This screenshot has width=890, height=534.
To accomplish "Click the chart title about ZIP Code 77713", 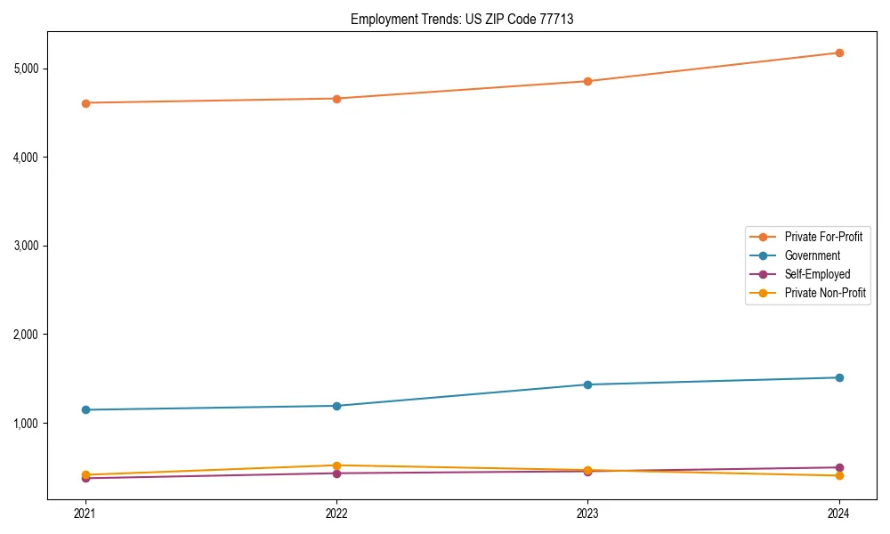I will point(462,19).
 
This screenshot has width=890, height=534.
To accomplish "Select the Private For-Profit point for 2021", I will point(85,103).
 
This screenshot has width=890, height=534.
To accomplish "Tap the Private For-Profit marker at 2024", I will point(838,53).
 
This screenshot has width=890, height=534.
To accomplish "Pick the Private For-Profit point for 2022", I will point(336,99).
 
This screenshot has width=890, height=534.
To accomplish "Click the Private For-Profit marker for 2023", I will point(587,81).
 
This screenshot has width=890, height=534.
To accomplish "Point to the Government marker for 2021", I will point(85,409).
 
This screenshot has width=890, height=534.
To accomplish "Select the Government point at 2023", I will point(587,384).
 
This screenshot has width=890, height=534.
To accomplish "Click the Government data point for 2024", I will point(838,377).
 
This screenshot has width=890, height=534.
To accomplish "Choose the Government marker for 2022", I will point(336,406).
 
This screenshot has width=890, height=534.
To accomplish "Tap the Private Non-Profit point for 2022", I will point(336,465).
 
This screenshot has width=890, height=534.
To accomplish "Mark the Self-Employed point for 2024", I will point(838,467).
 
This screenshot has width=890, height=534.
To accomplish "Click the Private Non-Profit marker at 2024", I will point(838,475).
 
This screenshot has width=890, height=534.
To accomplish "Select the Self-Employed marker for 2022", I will point(336,473).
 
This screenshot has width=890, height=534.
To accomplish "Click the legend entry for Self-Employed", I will point(817,274).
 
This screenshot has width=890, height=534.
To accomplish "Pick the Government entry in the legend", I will point(812,255).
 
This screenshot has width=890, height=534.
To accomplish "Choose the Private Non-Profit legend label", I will point(825,293).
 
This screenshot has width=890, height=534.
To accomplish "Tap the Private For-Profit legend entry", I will point(823,237).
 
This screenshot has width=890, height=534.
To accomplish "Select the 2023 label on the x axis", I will point(587,513).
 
